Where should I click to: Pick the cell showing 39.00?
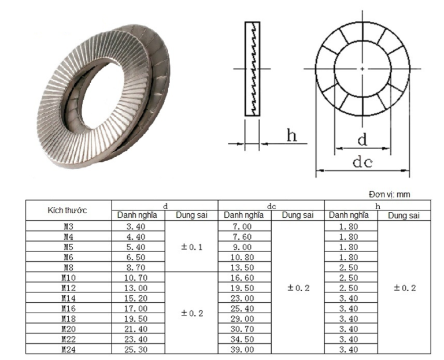(243, 348)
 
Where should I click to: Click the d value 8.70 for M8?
(138, 268)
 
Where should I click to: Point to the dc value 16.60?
(243, 278)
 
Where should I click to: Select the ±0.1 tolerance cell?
(191, 247)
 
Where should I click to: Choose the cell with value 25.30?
(138, 348)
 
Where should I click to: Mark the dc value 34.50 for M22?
(243, 339)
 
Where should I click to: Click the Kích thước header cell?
(68, 210)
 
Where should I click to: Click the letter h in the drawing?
(293, 136)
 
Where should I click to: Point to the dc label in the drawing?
(362, 162)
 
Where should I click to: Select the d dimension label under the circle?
(362, 139)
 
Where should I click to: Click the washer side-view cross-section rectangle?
(253, 69)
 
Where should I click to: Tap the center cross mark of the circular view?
(362, 69)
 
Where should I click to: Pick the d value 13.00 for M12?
(138, 288)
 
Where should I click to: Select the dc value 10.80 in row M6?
(243, 258)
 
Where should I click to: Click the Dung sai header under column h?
(404, 216)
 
